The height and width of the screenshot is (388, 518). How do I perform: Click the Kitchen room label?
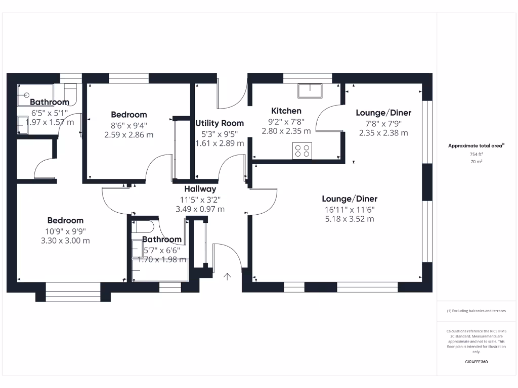pyautogui.click(x=286, y=111)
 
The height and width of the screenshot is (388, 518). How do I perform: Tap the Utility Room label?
pyautogui.click(x=220, y=123)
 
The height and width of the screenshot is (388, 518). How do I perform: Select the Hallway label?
pyautogui.click(x=200, y=189)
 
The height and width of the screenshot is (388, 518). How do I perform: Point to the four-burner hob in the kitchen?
pyautogui.click(x=303, y=151)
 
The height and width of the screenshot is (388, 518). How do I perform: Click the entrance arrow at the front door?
pyautogui.click(x=228, y=276)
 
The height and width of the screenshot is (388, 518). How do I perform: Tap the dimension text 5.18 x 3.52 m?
pyautogui.click(x=349, y=219)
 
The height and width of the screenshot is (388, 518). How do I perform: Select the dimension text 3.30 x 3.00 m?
pyautogui.click(x=65, y=240)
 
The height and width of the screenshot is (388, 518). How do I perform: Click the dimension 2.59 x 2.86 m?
pyautogui.click(x=128, y=135)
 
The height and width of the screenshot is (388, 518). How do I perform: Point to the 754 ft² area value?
pyautogui.click(x=476, y=154)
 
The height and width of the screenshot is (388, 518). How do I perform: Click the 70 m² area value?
pyautogui.click(x=476, y=162)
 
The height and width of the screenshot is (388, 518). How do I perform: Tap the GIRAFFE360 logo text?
pyautogui.click(x=476, y=362)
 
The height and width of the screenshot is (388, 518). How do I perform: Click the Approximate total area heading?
pyautogui.click(x=476, y=145)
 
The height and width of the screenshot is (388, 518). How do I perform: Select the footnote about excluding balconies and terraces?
pyautogui.click(x=476, y=311)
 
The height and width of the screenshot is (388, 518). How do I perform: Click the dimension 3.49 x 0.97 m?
pyautogui.click(x=200, y=209)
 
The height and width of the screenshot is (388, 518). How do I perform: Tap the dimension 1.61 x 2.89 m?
pyautogui.click(x=220, y=143)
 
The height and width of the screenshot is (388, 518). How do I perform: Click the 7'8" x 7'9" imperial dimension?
pyautogui.click(x=383, y=123)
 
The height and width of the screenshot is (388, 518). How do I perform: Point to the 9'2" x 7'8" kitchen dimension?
pyautogui.click(x=286, y=121)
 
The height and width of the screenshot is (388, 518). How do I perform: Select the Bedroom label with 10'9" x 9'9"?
pyautogui.click(x=65, y=220)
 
